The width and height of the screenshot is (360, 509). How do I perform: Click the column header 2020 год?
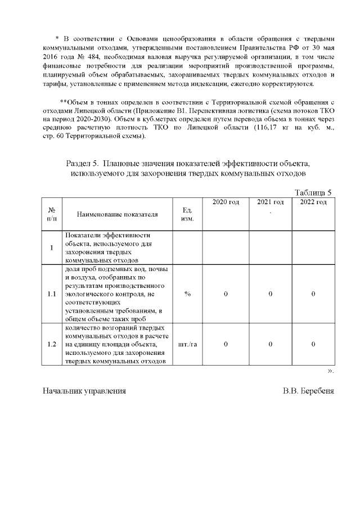click(225, 202)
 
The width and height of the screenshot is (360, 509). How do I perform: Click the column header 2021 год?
click(270, 202)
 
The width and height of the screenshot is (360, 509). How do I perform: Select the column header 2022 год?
click(313, 202)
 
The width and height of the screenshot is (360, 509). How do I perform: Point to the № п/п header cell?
click(51, 214)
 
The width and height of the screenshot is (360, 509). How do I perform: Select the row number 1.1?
click(51, 294)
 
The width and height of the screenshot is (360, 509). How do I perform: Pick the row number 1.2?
click(51, 344)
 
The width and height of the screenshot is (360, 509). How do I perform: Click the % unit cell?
click(187, 294)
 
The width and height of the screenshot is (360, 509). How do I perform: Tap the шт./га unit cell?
click(187, 344)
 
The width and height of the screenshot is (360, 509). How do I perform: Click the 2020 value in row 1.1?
click(225, 294)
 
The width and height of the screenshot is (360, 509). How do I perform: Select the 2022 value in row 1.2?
click(313, 344)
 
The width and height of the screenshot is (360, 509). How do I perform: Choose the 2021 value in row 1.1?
click(270, 294)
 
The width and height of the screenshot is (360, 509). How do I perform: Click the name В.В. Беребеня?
click(308, 390)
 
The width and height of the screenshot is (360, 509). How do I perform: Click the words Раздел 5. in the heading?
click(83, 163)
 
